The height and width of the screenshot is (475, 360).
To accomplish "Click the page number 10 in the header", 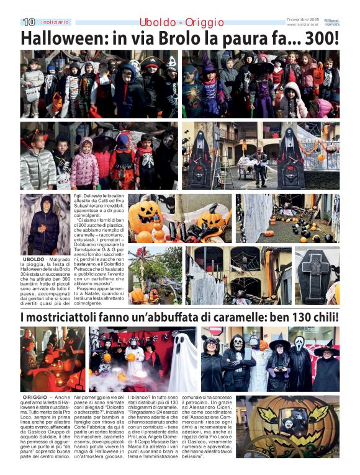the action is (29, 22).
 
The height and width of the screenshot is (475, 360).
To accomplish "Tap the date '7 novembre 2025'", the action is (302, 19).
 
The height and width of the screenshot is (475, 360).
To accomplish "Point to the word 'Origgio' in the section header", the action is (204, 22).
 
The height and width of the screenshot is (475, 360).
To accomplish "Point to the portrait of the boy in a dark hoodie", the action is (45, 224).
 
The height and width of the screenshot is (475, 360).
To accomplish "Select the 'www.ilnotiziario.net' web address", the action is (302, 25).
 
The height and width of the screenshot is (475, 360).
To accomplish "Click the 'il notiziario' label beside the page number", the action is (55, 22).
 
